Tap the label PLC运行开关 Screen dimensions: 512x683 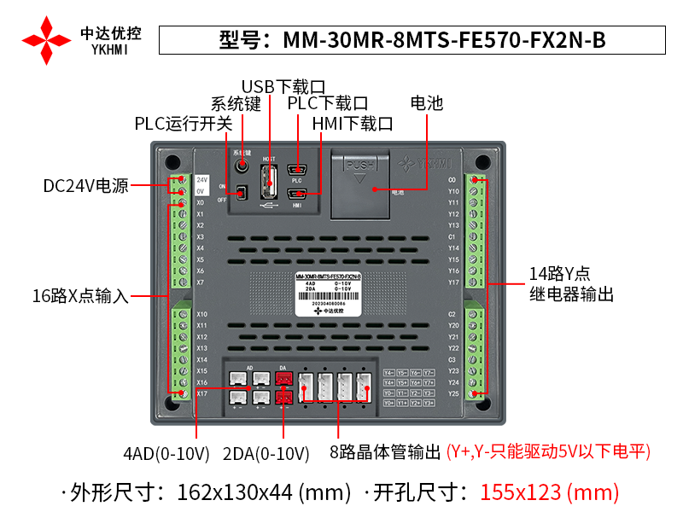pos(184,124)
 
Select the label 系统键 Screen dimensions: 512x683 pos(236,105)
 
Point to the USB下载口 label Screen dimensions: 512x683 pos(284,87)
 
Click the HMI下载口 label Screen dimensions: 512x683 pos(352,124)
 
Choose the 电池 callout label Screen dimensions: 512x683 pos(427,104)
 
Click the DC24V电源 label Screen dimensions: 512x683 pos(86,186)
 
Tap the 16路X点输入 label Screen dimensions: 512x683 pos(80,296)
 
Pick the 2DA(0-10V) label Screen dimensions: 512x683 pos(266,453)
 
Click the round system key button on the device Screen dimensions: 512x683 pos(242,163)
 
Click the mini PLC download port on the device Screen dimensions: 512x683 pos(297,169)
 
